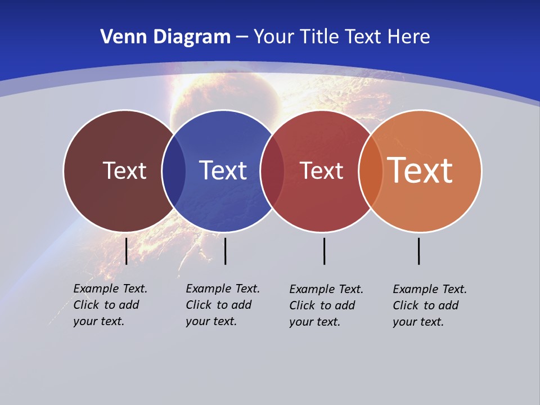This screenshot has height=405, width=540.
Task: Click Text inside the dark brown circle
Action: [124, 170]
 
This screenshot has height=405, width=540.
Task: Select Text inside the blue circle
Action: [223, 170]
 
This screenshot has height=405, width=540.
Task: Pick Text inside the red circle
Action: [321, 170]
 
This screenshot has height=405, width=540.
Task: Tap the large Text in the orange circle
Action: [420, 170]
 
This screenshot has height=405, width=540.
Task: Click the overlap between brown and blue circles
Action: [174, 171]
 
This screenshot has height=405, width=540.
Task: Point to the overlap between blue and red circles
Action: [272, 171]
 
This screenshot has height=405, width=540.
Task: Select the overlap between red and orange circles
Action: [370, 171]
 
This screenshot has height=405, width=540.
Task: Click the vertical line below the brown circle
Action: [127, 251]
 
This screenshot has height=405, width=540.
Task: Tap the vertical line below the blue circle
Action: [225, 251]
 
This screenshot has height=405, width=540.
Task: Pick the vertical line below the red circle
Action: [324, 251]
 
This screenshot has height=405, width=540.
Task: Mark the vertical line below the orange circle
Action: [418, 251]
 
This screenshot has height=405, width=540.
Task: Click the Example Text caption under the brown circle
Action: [110, 305]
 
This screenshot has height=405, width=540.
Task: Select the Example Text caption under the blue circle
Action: [223, 305]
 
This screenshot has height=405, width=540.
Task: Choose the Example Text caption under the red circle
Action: [326, 305]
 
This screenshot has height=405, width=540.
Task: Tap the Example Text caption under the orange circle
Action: [430, 305]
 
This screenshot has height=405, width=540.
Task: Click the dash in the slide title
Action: [242, 38]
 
